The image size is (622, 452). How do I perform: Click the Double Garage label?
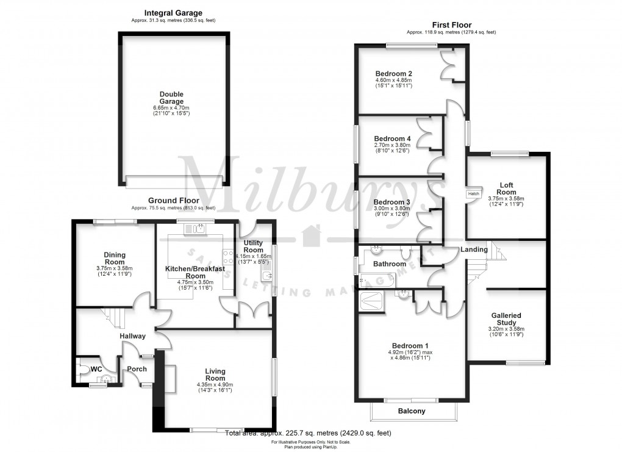point(172,98)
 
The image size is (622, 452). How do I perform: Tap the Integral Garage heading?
point(173,12)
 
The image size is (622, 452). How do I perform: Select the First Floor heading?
point(451,25)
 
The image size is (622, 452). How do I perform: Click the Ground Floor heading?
point(173,201)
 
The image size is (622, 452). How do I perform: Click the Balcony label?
point(412,411)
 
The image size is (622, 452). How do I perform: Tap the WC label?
point(96,370)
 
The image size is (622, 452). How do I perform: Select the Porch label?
point(137,368)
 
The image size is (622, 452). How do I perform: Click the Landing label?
point(474,249)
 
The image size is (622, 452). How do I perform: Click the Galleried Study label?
point(506,320)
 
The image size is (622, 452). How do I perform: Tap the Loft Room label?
point(506,188)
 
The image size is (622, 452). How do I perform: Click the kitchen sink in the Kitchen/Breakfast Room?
point(199,229)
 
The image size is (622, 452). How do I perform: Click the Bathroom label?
point(390,264)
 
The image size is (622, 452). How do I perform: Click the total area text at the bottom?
point(308,433)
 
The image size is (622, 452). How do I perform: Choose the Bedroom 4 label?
point(392,139)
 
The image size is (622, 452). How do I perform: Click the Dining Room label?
point(114,258)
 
